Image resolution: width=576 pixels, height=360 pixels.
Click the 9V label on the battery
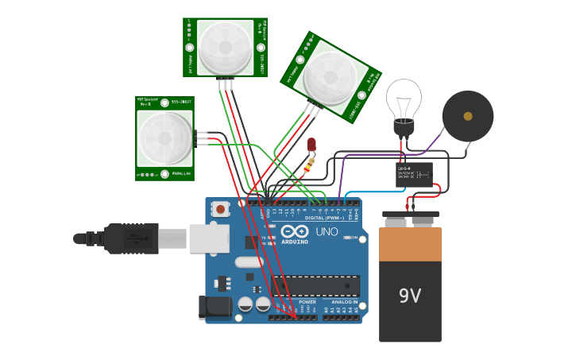(409, 296)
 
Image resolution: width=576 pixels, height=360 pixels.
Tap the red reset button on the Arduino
(220, 209)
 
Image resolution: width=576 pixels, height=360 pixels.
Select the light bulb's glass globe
(404, 99)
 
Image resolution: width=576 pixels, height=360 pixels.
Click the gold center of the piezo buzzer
(468, 116)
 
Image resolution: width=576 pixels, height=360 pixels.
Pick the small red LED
(311, 145)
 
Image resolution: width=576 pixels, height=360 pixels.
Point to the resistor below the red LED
(308, 165)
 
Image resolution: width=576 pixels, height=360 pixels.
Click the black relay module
(414, 174)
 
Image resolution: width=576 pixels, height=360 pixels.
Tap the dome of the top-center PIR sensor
(225, 47)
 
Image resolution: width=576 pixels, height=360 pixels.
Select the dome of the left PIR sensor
(164, 138)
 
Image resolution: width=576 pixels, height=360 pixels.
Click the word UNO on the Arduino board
(327, 232)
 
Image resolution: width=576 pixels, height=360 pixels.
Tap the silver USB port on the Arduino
(209, 238)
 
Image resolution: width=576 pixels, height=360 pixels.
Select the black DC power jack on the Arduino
(215, 308)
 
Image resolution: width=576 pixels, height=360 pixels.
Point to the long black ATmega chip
(316, 285)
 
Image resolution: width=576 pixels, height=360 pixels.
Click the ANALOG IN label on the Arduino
(344, 302)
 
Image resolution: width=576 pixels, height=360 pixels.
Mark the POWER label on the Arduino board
(307, 302)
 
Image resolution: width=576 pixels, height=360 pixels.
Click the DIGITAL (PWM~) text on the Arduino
(325, 217)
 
